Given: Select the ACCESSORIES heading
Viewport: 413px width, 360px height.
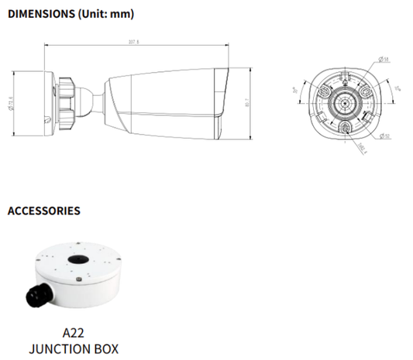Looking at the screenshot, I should (44, 210).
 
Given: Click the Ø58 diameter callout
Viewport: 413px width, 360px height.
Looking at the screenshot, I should (385, 59).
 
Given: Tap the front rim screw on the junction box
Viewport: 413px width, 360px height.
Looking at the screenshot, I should (78, 279).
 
